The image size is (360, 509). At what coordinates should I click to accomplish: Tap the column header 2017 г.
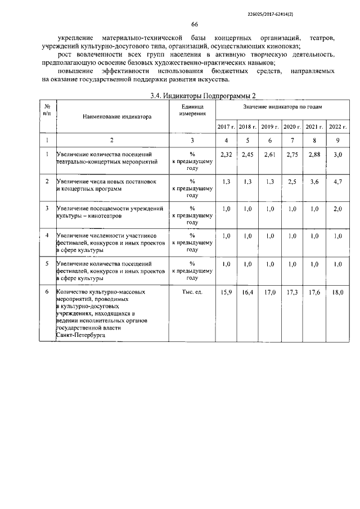[226, 127]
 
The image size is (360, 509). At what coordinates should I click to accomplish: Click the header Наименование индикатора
[117, 118]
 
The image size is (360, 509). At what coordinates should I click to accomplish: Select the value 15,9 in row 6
[226, 292]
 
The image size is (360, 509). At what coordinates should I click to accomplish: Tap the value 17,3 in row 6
[292, 292]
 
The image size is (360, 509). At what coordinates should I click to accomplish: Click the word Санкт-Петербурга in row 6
[80, 335]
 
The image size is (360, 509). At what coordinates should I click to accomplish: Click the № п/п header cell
[48, 110]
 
